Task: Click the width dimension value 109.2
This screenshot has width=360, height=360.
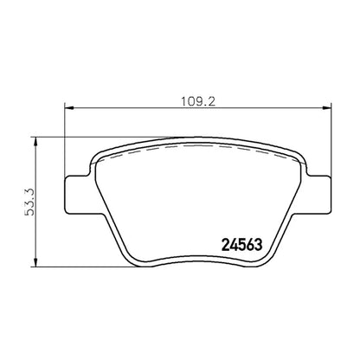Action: [198, 99]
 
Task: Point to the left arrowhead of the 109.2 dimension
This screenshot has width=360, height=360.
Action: [70, 107]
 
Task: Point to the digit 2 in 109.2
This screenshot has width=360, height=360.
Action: [212, 99]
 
